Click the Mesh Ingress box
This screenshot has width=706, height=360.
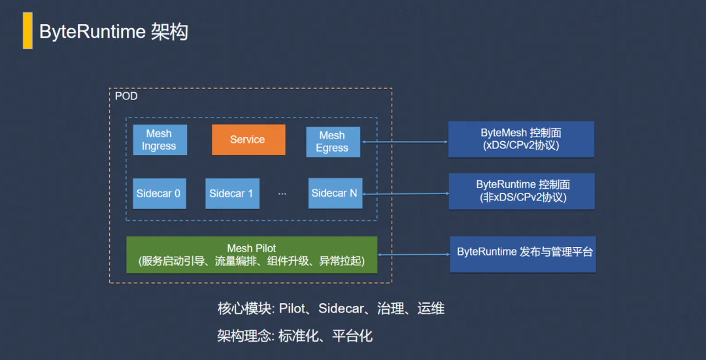[x=160, y=140]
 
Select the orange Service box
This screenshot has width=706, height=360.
[x=248, y=140]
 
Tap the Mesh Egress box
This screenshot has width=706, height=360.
[x=333, y=142]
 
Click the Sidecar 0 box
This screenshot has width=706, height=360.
[x=159, y=193]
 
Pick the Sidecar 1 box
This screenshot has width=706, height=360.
[x=232, y=193]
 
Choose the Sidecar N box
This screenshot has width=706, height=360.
[x=335, y=193]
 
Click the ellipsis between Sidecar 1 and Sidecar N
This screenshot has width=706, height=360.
[x=282, y=194]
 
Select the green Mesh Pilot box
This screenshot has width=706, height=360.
[x=252, y=255]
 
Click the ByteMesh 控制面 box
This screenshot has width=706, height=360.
[x=521, y=140]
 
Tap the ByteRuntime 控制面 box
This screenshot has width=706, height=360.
[x=522, y=191]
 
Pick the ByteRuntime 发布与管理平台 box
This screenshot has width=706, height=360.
[x=523, y=254]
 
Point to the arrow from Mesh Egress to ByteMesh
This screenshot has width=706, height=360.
[x=405, y=142]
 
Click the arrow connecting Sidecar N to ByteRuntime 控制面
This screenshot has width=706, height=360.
[x=406, y=194]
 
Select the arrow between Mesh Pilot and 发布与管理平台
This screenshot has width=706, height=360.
[x=414, y=255]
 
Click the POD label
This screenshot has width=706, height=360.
[x=127, y=97]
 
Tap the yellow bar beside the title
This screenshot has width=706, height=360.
[x=27, y=31]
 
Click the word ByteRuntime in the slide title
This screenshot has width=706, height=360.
[x=92, y=33]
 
